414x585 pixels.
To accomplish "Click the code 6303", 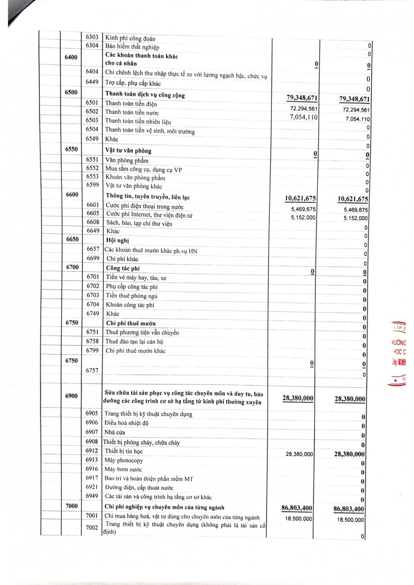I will [92, 37].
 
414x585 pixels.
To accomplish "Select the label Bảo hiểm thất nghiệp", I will [132, 47].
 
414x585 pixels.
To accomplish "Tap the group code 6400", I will [71, 57].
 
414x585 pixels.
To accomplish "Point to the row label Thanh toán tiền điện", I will [131, 103].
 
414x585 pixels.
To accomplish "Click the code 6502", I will [92, 112].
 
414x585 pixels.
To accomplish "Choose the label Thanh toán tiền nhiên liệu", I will [138, 121].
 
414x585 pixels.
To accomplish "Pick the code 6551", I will [92, 160].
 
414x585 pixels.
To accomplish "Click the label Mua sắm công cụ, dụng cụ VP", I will [143, 169].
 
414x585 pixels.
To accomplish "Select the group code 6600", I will [72, 194].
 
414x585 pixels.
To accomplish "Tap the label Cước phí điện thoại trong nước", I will [144, 206].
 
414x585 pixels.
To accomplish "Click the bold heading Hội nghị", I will [117, 240].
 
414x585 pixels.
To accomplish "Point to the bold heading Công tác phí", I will [123, 268].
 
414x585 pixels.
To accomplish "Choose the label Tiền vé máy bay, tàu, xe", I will [136, 278].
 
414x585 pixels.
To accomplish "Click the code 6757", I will [92, 370].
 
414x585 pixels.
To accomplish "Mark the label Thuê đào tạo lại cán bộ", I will [134, 342].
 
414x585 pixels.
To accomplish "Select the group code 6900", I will [71, 396].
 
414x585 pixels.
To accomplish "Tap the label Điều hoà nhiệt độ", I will [126, 423].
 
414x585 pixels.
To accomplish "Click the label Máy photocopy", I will [124, 460].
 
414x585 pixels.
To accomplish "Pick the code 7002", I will [92, 528].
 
